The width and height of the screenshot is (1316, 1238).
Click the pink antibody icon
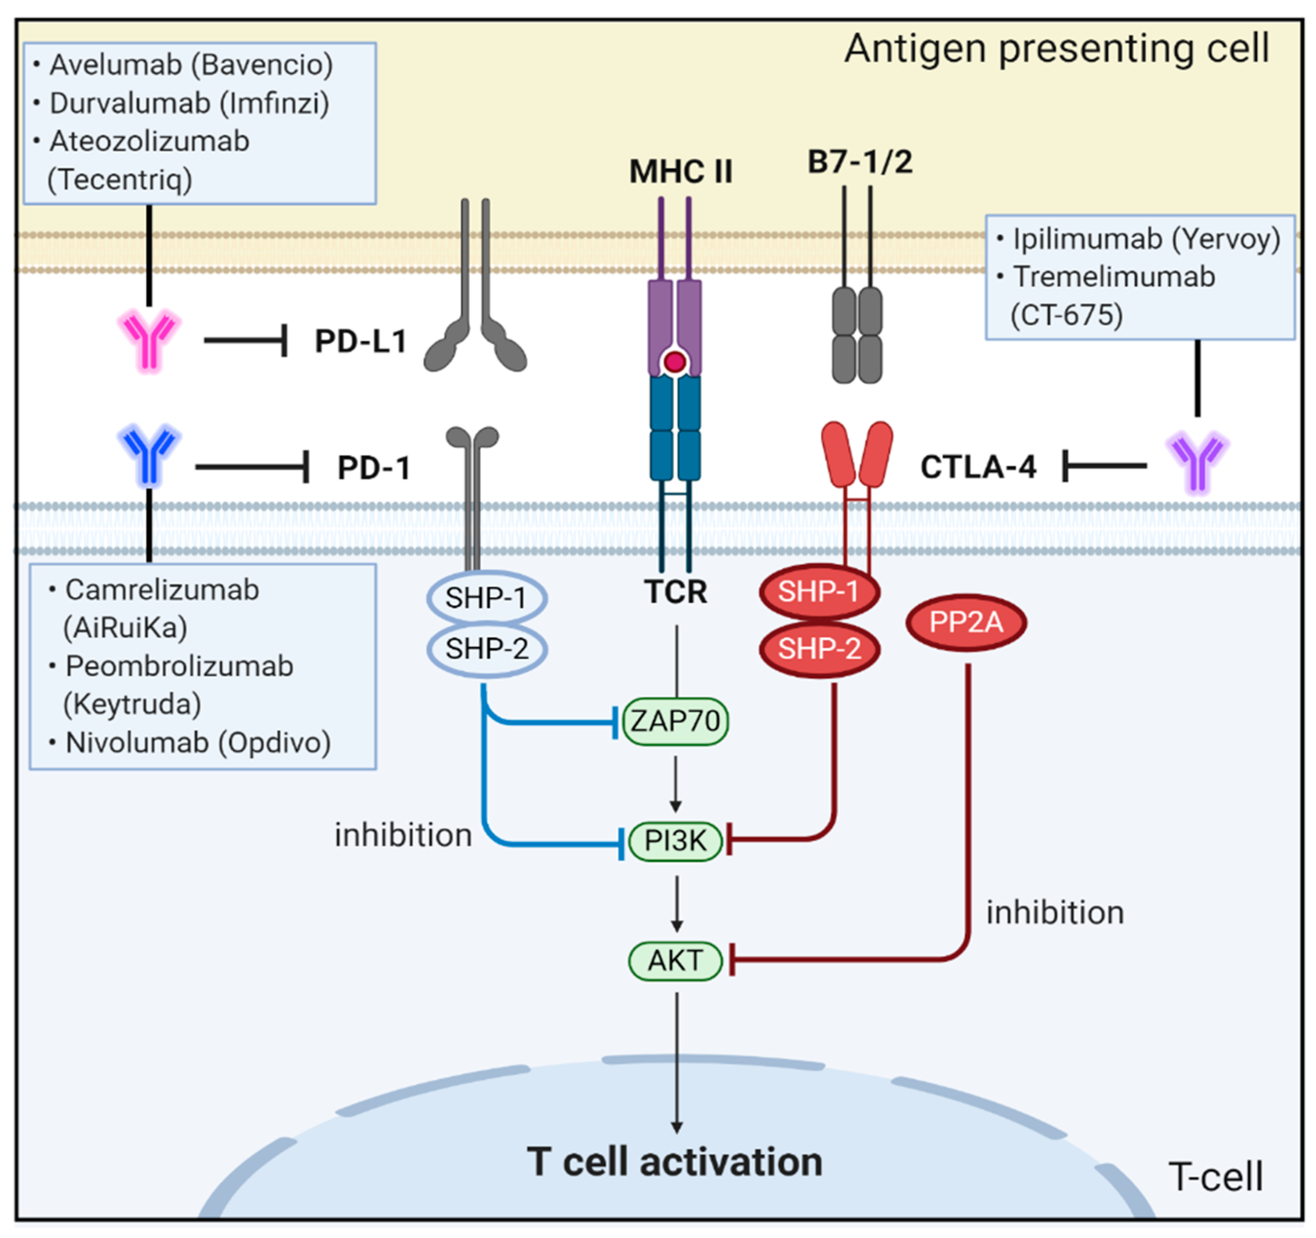149,340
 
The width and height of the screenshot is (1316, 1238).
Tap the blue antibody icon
149,456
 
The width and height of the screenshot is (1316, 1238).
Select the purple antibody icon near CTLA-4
1197,462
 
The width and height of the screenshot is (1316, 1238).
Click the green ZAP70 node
675,721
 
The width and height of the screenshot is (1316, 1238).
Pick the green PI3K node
675,841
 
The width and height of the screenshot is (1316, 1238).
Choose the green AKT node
675,960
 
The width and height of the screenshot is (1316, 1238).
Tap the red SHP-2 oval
819,648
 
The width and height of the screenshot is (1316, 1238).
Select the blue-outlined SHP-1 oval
487,598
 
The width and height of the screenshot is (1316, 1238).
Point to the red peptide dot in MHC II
675,362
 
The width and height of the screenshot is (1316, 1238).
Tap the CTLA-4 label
978,467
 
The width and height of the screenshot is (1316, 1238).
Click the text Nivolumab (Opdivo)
198,743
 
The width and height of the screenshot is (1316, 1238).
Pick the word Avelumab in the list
116,65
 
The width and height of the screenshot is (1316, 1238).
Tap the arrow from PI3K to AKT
676,904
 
